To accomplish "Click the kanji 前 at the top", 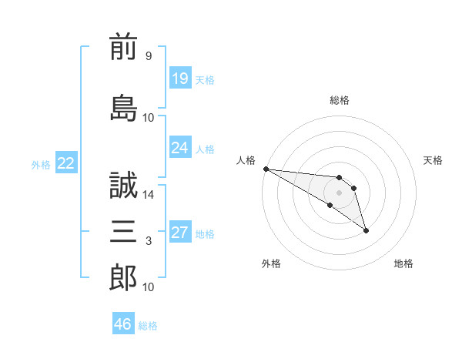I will [123, 49].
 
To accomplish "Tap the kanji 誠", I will [123, 186].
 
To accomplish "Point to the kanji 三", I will [123, 230].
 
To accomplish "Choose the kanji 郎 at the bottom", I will [123, 277].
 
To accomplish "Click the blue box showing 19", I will [179, 79].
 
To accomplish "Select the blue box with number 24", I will [179, 148].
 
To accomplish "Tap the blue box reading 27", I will [179, 233].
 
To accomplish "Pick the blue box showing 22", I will [65, 163].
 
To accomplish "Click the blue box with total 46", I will [122, 324].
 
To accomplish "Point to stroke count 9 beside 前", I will [148, 56].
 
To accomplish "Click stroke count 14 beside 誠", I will [149, 195].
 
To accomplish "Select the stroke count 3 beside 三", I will [148, 242].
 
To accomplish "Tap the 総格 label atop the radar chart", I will [340, 100].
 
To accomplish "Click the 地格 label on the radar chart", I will [403, 263].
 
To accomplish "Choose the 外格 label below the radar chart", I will [271, 263].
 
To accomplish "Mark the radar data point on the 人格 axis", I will [265, 169].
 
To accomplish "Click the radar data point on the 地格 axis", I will [366, 230].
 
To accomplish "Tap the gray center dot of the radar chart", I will [339, 193].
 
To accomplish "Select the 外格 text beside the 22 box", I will [40, 164].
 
